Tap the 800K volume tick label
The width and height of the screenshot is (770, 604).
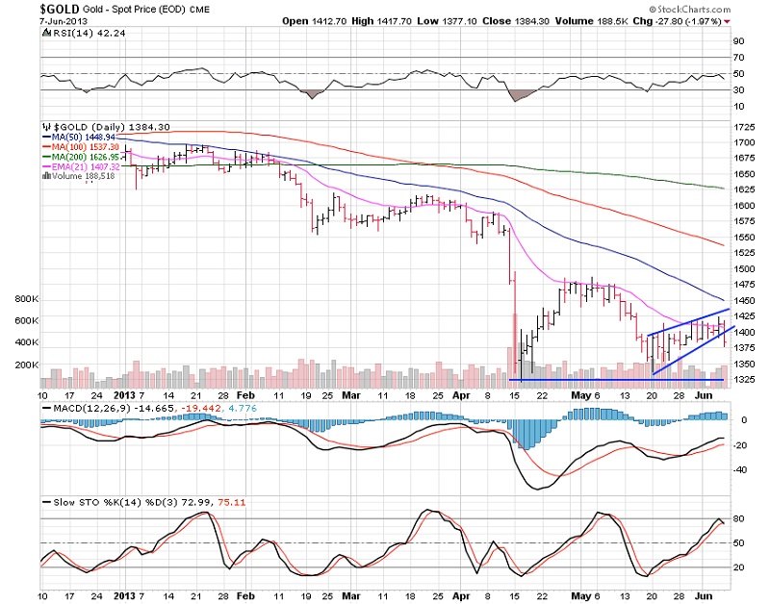pyautogui.click(x=24, y=299)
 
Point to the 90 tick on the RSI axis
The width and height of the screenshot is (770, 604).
pyautogui.click(x=739, y=42)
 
